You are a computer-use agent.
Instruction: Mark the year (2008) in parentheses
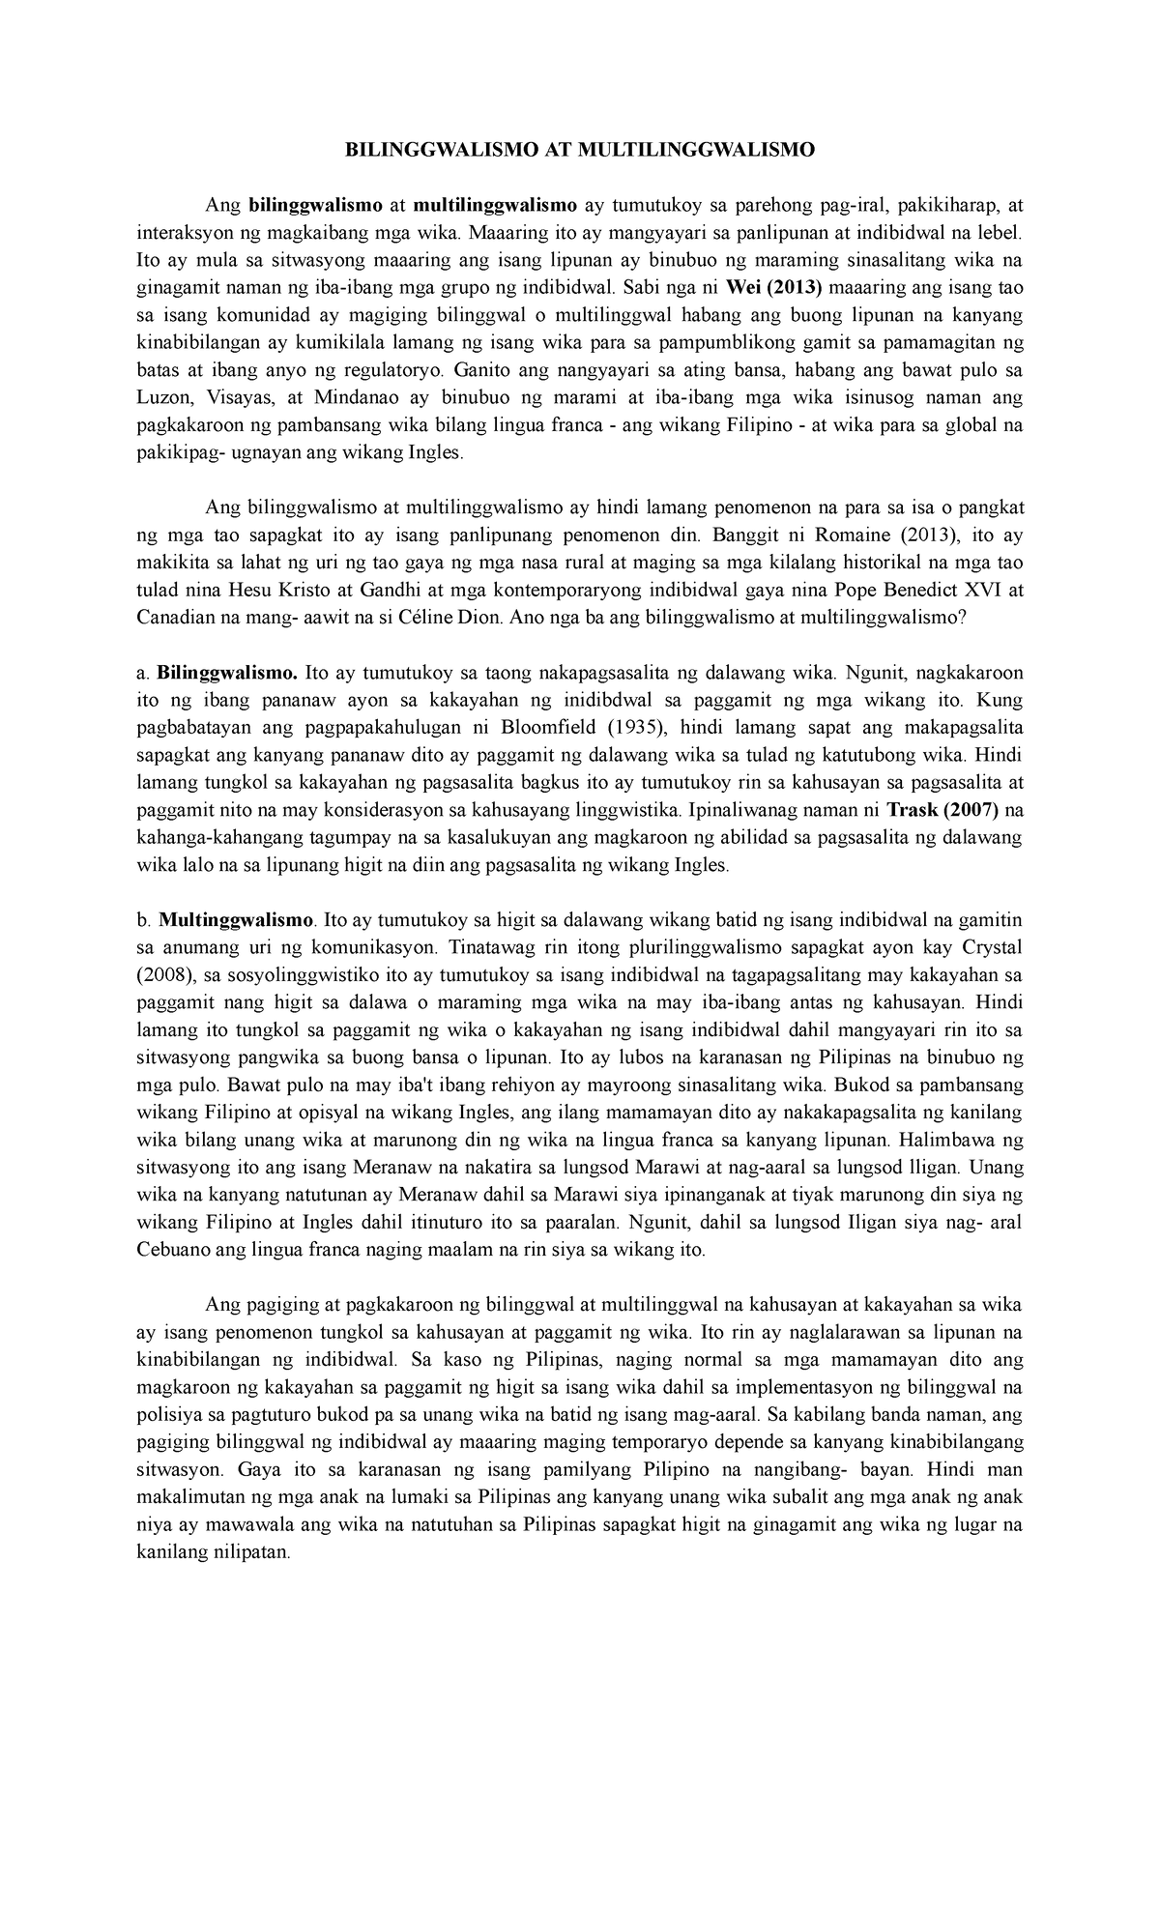tap(167, 974)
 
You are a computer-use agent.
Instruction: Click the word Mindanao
tap(363, 397)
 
